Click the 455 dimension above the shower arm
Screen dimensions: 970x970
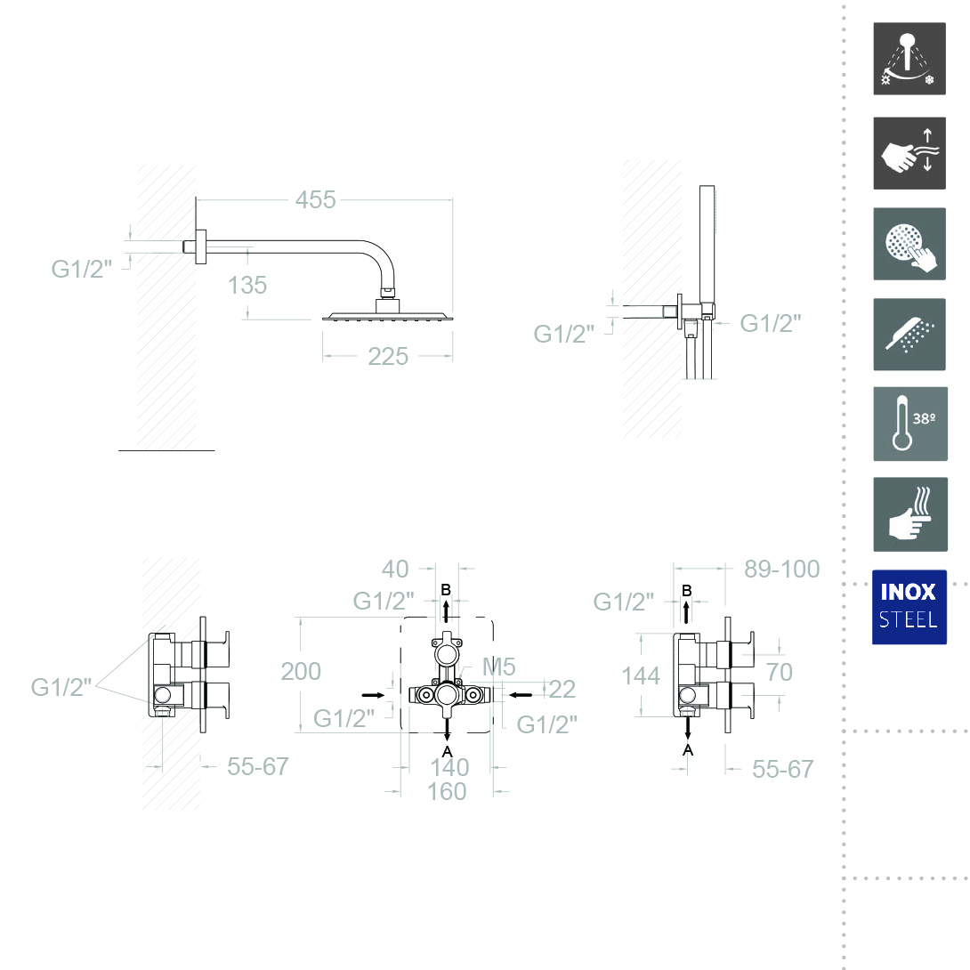pyautogui.click(x=315, y=200)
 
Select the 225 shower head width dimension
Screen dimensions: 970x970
pyautogui.click(x=388, y=356)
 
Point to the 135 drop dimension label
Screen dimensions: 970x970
pyautogui.click(x=247, y=285)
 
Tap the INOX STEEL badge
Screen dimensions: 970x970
pyautogui.click(x=909, y=607)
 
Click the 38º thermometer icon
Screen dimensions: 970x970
pyautogui.click(x=910, y=424)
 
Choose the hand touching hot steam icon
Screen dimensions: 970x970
pyautogui.click(x=910, y=514)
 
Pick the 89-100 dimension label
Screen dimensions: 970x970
pyautogui.click(x=782, y=570)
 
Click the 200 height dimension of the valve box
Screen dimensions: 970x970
pyautogui.click(x=301, y=671)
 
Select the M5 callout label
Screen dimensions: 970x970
pyautogui.click(x=498, y=667)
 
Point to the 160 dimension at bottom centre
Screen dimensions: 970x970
pyautogui.click(x=447, y=792)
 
